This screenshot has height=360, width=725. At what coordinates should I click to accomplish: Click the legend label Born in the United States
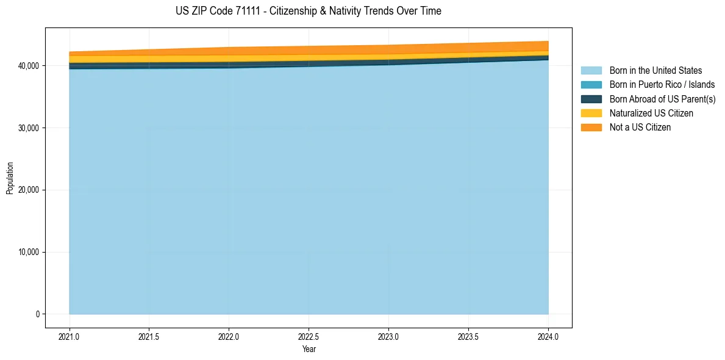click(655, 71)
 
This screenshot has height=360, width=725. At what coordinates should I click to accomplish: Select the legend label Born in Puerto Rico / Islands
click(662, 85)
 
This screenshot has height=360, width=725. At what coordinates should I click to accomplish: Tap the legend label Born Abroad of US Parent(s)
click(662, 99)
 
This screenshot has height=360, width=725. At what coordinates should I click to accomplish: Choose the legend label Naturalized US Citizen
click(651, 113)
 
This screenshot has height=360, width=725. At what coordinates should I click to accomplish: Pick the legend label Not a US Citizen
click(640, 128)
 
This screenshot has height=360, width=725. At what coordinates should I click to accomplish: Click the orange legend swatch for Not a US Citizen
click(591, 128)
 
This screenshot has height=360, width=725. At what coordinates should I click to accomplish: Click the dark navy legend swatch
click(591, 99)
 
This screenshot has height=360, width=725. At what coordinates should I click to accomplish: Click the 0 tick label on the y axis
click(38, 314)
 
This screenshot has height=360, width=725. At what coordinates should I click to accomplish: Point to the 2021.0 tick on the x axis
click(70, 336)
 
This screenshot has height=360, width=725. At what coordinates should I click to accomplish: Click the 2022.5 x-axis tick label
click(309, 336)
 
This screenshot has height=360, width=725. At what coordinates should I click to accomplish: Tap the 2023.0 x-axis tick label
click(388, 336)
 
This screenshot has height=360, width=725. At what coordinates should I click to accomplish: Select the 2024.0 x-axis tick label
click(548, 336)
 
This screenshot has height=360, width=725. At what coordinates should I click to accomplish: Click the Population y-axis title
click(10, 178)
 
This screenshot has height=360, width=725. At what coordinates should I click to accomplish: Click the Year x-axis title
click(309, 349)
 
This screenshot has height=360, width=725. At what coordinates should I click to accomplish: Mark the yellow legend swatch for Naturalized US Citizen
click(591, 113)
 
